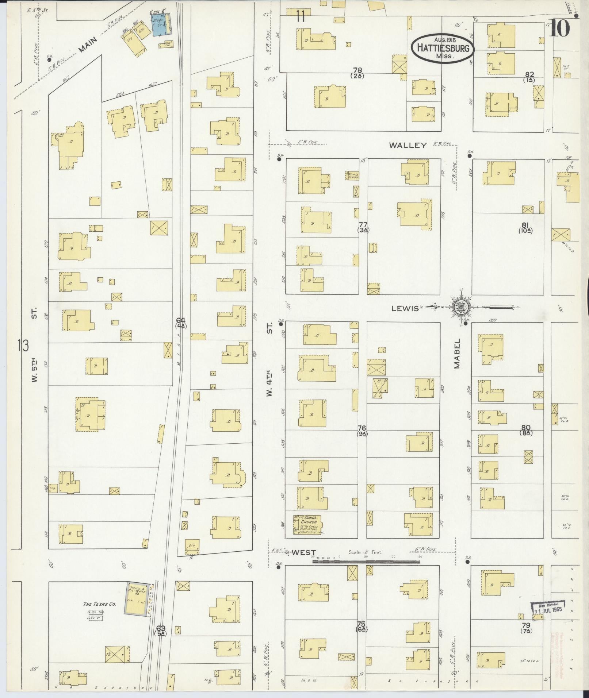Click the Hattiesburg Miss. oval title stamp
(x=443, y=48)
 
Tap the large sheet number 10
(x=559, y=28)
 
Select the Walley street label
(x=408, y=145)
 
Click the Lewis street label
(x=405, y=309)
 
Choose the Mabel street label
(x=457, y=354)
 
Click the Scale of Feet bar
(x=366, y=572)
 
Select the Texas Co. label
(x=99, y=604)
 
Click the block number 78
(x=357, y=70)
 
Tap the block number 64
(x=181, y=320)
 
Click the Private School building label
(x=353, y=175)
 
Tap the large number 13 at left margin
(x=23, y=345)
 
